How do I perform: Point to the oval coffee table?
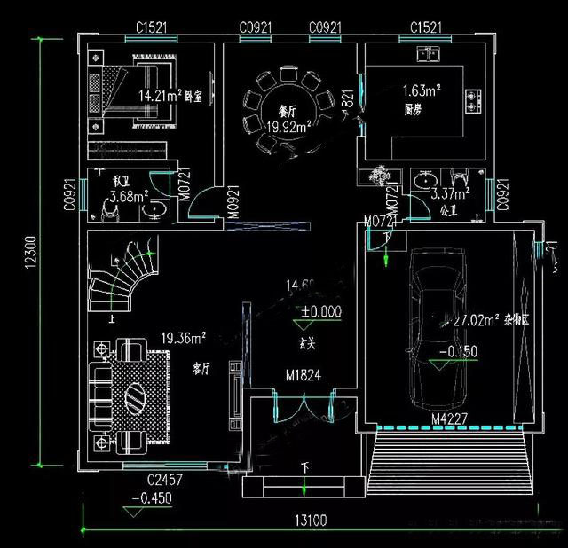click(137, 395)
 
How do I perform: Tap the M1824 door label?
click(303, 375)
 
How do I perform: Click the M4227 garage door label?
click(449, 418)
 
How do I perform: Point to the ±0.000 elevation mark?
click(320, 311)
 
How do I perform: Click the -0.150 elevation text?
click(459, 351)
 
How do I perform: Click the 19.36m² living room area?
click(184, 338)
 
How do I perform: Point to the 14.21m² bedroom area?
click(161, 94)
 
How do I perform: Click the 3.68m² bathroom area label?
click(128, 197)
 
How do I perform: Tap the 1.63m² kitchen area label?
click(422, 90)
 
